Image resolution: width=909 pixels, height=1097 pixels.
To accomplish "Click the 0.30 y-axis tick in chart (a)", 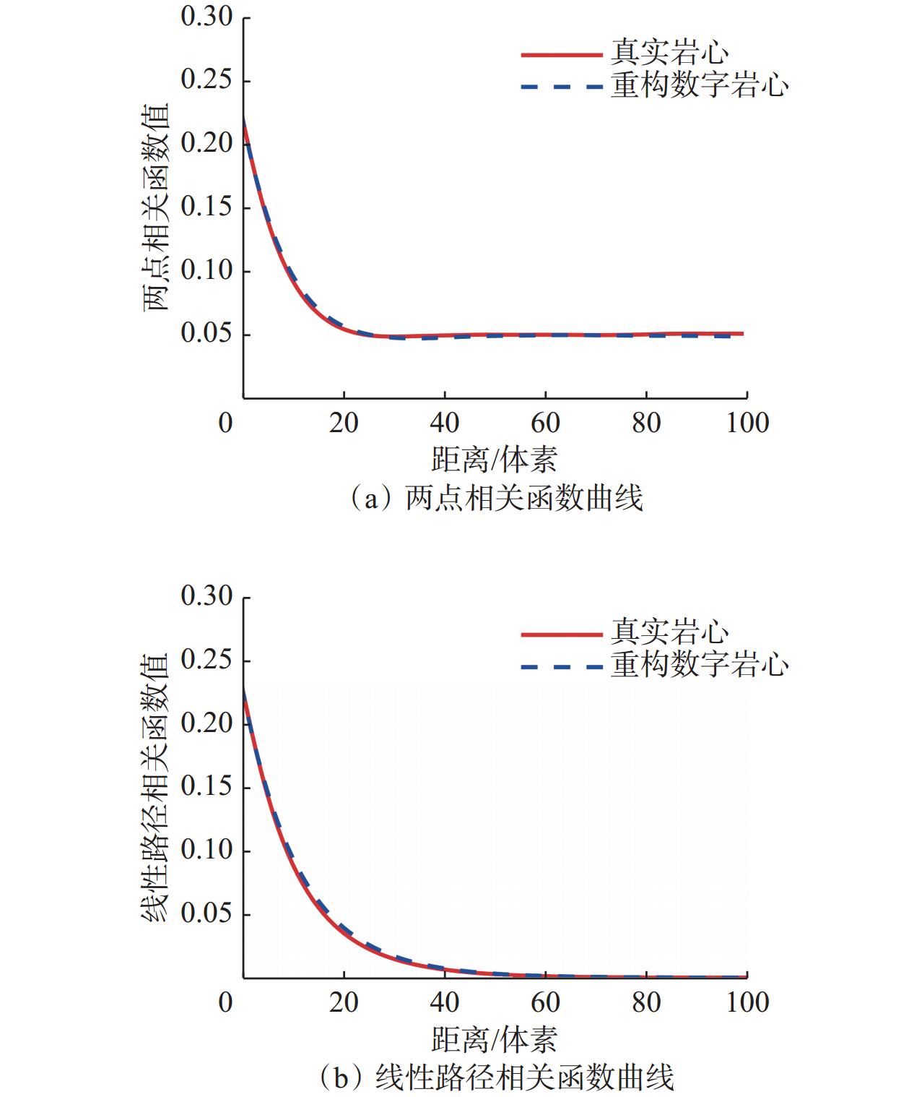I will pos(206,17).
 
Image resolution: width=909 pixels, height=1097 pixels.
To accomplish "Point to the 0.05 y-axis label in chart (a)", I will pos(206,334).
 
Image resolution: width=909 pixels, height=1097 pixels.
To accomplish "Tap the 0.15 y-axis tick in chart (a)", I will pos(206,207).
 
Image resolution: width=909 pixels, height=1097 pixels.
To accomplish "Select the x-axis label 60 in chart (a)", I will pos(545,423).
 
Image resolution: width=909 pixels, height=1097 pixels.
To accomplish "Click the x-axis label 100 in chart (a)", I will pos(747,423).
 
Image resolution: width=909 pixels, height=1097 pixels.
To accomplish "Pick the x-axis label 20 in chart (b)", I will pos(344,1002).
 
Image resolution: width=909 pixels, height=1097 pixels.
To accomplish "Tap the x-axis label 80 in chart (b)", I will pos(646,1002).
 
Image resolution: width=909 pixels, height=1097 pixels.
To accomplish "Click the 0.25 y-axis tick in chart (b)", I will pos(206,660).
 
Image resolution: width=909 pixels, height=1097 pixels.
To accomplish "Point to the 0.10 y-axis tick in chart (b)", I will pos(206,850).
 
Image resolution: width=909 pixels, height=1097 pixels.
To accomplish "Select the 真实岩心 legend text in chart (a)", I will pos(670,53).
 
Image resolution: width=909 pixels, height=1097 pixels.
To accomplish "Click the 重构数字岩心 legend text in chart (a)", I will pos(700,86).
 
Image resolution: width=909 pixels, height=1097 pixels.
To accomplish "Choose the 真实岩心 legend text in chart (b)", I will pos(670,632).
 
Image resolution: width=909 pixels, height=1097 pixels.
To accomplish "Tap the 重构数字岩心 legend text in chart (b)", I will pos(700,665).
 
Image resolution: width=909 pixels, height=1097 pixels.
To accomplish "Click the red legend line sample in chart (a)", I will pos(561,54).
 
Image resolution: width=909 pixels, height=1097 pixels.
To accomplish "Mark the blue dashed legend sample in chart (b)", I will pos(561,666).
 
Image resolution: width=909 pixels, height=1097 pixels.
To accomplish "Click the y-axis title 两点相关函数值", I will pos(155,207).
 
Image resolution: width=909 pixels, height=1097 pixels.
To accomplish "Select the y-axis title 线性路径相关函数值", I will pos(155,788).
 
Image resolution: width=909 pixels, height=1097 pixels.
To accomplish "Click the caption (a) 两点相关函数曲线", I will pos(496,499).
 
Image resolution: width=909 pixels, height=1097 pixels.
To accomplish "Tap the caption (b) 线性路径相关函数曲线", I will pos(496,1077).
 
